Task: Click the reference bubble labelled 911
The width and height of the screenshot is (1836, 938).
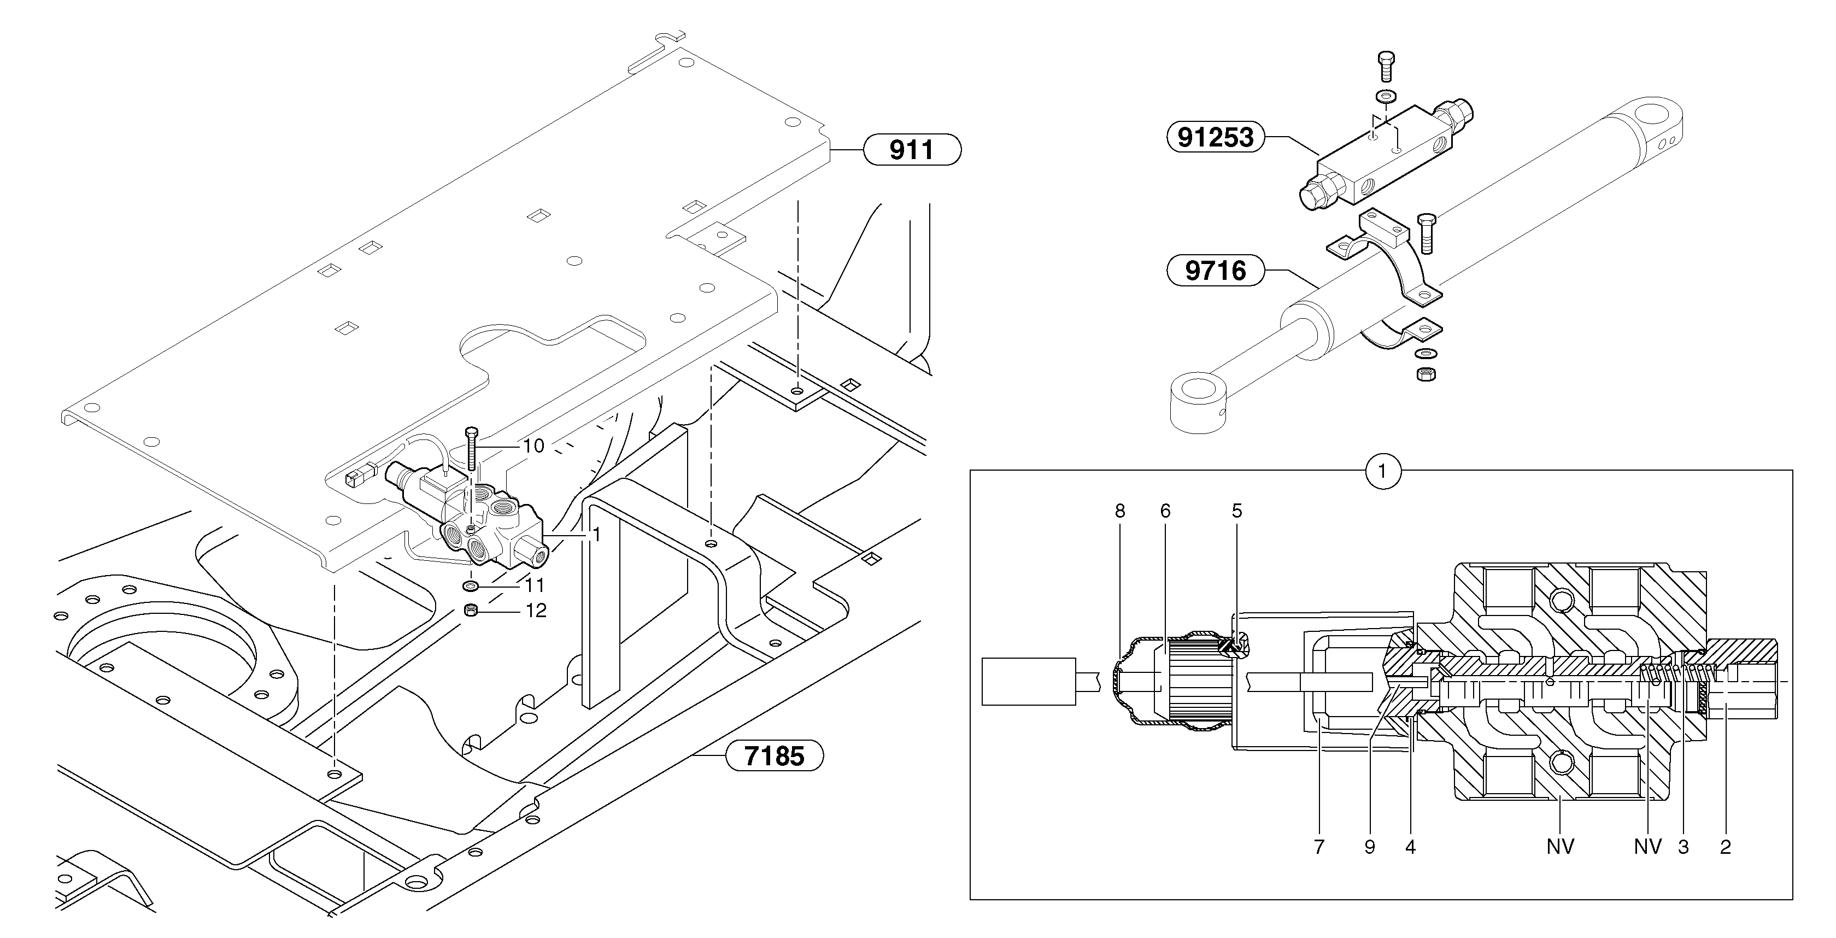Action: (x=912, y=150)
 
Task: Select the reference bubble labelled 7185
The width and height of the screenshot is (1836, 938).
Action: (x=774, y=755)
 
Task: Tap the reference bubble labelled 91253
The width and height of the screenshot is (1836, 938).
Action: (x=1215, y=137)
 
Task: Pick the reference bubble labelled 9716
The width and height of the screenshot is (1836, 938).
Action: (x=1215, y=271)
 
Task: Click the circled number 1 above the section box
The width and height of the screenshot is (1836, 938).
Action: (x=1382, y=471)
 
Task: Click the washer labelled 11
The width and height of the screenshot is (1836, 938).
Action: (x=471, y=586)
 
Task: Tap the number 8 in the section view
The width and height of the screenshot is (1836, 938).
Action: (x=1120, y=511)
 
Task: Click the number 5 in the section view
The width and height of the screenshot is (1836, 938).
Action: (x=1236, y=511)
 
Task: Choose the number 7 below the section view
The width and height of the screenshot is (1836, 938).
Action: (x=1318, y=847)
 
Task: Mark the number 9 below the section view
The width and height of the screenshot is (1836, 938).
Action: (x=1369, y=847)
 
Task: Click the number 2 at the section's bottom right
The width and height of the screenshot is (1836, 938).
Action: (x=1725, y=847)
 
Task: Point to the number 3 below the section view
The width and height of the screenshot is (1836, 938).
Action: (x=1683, y=847)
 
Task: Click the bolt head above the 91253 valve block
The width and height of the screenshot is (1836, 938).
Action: (x=1385, y=60)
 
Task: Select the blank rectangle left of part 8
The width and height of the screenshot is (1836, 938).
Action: (x=1028, y=682)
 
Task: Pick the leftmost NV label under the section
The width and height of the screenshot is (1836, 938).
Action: (x=1559, y=847)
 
